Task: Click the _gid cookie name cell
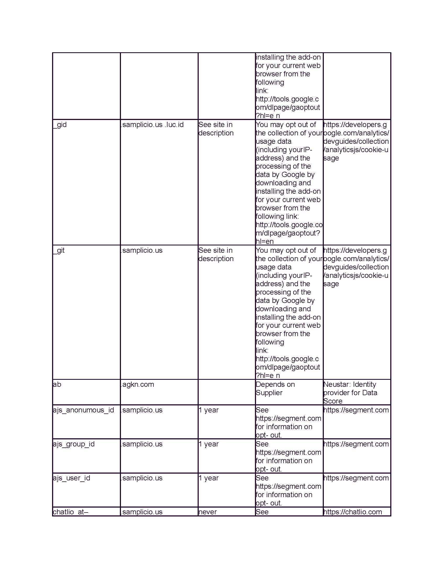[x=60, y=125]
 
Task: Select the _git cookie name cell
[x=59, y=250]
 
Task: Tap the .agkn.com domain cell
[x=137, y=384]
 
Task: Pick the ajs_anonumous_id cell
[x=83, y=410]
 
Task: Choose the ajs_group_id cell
[x=74, y=444]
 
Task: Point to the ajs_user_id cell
[x=71, y=478]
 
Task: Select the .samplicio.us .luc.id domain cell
[x=152, y=125]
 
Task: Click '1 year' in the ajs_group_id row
[x=209, y=444]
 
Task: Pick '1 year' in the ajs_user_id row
[x=209, y=478]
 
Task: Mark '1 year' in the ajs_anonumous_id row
[x=209, y=410]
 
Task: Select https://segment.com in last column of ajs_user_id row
[x=356, y=478]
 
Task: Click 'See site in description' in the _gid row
[x=216, y=129]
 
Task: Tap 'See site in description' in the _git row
[x=216, y=254]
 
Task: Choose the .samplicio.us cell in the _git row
[x=142, y=250]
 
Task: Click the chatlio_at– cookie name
[x=70, y=512]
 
